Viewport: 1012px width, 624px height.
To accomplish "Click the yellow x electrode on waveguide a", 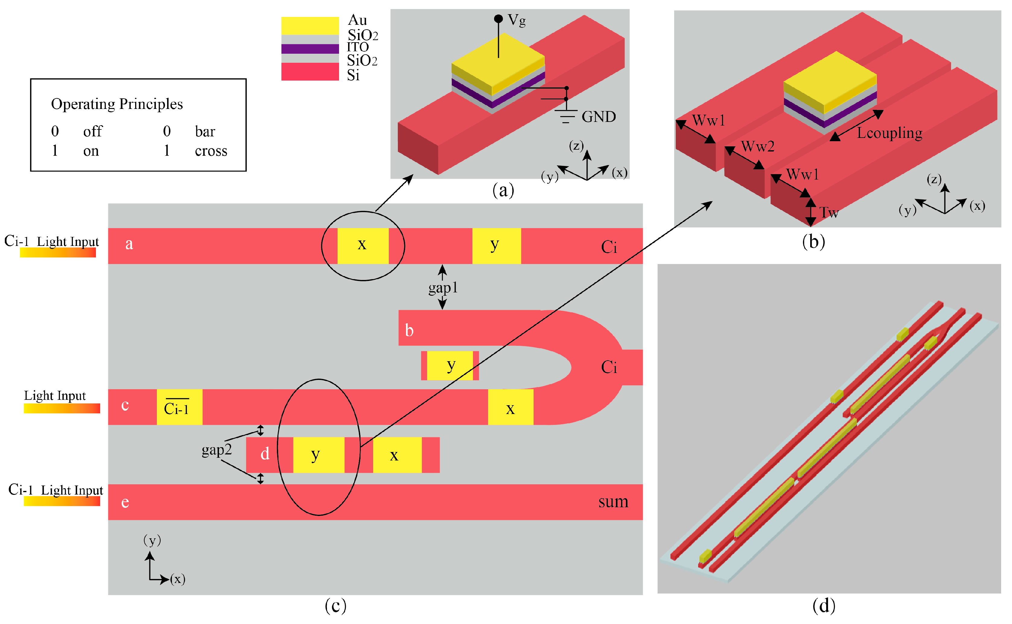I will click(x=363, y=246).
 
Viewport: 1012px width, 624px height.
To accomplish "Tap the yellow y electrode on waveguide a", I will click(x=496, y=246).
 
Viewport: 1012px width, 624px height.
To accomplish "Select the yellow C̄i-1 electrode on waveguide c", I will click(x=179, y=407).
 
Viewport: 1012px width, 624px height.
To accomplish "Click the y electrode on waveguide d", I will click(x=319, y=455).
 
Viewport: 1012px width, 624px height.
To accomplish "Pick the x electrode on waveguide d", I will click(x=397, y=455).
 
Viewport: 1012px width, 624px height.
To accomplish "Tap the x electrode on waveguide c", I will click(x=510, y=407).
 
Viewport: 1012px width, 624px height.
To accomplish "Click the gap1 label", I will click(x=443, y=287).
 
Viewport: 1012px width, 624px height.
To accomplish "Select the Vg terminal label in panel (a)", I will click(x=516, y=20).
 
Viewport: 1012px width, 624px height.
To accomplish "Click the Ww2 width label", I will click(x=757, y=146).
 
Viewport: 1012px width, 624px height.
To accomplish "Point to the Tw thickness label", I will click(x=828, y=212).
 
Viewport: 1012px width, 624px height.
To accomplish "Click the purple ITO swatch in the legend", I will click(x=310, y=49).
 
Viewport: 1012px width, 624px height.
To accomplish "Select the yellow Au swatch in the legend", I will click(x=310, y=26).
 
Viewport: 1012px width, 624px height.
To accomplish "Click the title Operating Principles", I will click(x=117, y=104).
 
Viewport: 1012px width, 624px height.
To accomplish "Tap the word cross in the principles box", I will click(x=211, y=151).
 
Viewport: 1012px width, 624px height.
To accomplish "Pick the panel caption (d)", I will click(x=823, y=605).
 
